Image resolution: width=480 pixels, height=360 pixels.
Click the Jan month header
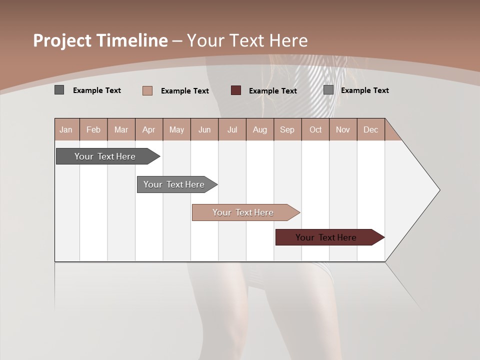66,129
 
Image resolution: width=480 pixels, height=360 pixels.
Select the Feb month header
93,129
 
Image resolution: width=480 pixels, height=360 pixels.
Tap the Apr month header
149,129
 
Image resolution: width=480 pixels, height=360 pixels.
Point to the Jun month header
204,129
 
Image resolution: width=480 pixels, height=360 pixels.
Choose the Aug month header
260,129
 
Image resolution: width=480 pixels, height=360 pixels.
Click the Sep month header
287,129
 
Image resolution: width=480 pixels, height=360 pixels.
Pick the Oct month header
315,129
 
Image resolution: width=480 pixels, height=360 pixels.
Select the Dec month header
371,129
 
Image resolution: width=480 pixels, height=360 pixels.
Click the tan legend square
147,90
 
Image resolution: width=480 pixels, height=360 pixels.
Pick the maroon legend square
236,90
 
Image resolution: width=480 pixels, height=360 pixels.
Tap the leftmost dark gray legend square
59,90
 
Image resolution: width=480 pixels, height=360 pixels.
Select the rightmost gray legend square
328,90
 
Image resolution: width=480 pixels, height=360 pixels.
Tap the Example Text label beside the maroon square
273,91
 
